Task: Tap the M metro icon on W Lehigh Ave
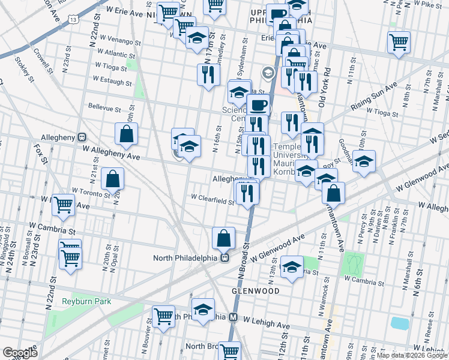pos(234,317)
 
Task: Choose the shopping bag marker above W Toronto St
pos(113,178)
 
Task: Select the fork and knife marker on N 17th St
pos(208,74)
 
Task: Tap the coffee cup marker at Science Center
pos(259,106)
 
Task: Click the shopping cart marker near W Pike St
pos(399,42)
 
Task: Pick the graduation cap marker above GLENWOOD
pos(292,266)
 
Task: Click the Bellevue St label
pos(104,104)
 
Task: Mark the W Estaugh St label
pos(112,81)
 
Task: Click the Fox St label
pos(40,151)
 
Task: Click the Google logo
pos(20,353)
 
